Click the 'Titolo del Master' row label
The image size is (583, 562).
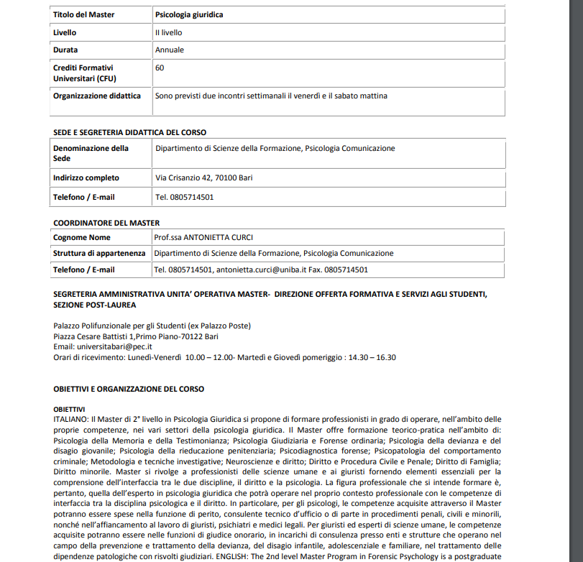[83, 14]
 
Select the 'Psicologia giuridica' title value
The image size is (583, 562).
[189, 14]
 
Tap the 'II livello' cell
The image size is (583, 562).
[169, 32]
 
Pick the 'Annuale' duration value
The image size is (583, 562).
[170, 50]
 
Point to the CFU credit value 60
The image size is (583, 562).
[160, 68]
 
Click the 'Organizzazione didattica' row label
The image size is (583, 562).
[101, 96]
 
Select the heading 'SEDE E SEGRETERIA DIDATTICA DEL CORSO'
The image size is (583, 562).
[129, 132]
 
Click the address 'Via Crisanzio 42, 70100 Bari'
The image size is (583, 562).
[203, 178]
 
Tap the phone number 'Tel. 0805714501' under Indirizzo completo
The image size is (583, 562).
[184, 197]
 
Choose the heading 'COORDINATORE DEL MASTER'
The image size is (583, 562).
[106, 223]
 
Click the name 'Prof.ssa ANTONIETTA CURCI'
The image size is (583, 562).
[203, 237]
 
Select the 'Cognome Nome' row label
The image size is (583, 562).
[82, 237]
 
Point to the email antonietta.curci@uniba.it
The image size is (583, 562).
[261, 270]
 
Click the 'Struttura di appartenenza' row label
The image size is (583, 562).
[99, 253]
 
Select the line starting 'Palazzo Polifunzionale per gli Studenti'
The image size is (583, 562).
[152, 326]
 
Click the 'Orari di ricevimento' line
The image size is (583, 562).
[224, 357]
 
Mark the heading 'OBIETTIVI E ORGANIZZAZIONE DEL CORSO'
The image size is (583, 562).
[129, 389]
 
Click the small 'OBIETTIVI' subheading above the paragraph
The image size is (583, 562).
[69, 409]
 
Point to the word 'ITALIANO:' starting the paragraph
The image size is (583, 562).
[71, 418]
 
